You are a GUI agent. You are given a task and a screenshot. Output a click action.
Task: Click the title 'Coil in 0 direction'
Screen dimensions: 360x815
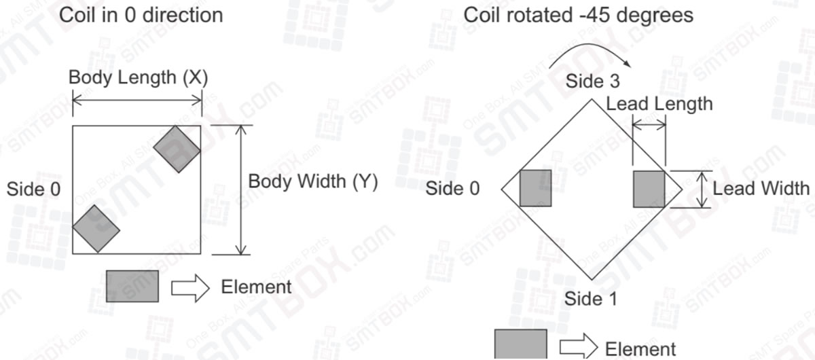point(141,14)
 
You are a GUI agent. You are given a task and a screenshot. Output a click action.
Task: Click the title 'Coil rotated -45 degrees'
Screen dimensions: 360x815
point(578,14)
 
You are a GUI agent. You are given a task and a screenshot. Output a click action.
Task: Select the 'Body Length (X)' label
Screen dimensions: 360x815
point(138,77)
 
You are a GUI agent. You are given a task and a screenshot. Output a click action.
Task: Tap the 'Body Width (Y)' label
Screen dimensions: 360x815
point(312,181)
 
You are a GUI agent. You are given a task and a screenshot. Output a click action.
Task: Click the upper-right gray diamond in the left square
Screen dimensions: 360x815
point(178,149)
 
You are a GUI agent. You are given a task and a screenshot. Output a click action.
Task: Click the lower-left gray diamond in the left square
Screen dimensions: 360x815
point(96,230)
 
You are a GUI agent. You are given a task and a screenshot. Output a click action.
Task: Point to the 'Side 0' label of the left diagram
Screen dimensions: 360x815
point(33,190)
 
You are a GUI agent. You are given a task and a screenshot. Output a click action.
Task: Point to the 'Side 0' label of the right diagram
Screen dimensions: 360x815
point(452,188)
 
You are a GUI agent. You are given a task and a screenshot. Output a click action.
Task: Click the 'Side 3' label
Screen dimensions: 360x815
point(592,82)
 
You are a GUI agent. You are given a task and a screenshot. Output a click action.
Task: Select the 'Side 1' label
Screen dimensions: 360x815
point(591,298)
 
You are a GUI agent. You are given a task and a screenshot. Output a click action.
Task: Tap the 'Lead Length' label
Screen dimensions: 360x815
point(659,104)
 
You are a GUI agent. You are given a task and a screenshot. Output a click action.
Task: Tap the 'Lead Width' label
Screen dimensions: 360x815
point(760,188)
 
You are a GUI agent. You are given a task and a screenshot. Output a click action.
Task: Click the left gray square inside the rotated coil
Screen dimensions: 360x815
point(535,188)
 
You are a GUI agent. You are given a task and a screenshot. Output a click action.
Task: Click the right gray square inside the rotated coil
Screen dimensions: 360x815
point(649,189)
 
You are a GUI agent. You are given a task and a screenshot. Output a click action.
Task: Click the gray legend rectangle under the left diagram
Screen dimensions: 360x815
point(132,286)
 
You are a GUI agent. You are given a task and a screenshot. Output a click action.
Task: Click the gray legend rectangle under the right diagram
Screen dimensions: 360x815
point(520,345)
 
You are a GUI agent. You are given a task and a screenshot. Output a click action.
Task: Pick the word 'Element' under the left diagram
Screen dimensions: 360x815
point(256,287)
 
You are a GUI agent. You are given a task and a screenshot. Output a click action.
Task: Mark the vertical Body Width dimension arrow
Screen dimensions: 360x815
point(240,190)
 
